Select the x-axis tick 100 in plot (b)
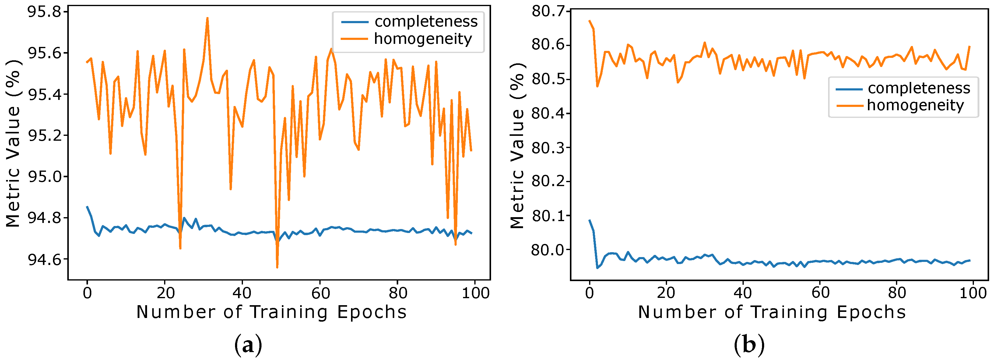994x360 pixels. click(973, 293)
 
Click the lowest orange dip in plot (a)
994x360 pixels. click(277, 267)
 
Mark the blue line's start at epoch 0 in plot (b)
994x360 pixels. click(589, 220)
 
